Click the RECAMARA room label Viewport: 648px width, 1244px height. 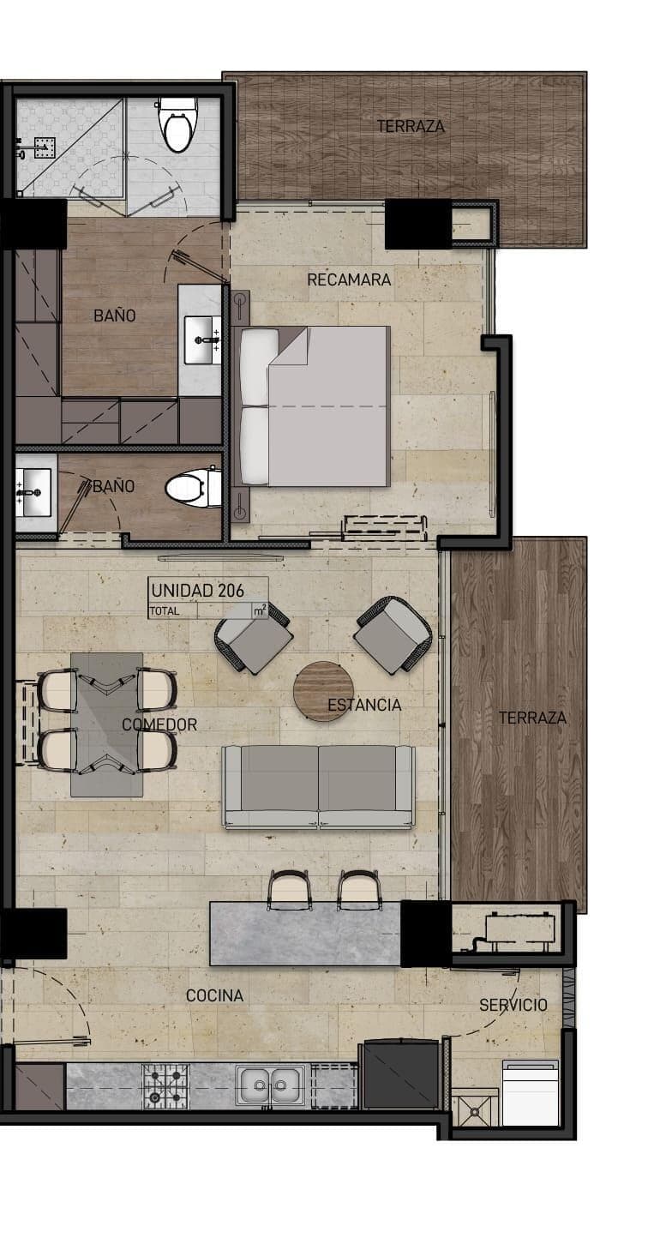coord(349,279)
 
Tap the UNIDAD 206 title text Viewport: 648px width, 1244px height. coord(198,591)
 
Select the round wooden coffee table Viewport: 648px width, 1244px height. coord(323,691)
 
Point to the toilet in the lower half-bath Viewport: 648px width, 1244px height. coord(193,488)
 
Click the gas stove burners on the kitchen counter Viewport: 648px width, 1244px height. coord(165,1085)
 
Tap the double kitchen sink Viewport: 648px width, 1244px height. coord(270,1085)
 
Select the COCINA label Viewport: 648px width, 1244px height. coord(214,995)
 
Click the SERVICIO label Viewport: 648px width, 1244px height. coord(513,1005)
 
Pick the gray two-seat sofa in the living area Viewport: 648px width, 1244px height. coord(319,787)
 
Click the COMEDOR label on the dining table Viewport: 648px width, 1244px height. coord(159,724)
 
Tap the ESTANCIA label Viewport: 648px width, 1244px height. coord(364,705)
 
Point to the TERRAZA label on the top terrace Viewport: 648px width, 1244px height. coord(411,127)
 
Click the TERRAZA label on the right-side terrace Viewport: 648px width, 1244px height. coord(532,718)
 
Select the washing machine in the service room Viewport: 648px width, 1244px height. coord(531,1092)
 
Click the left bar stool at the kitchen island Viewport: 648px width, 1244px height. coord(290,890)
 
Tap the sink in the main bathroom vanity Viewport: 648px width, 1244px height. coord(201,340)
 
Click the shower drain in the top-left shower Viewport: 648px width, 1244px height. coord(43,147)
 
